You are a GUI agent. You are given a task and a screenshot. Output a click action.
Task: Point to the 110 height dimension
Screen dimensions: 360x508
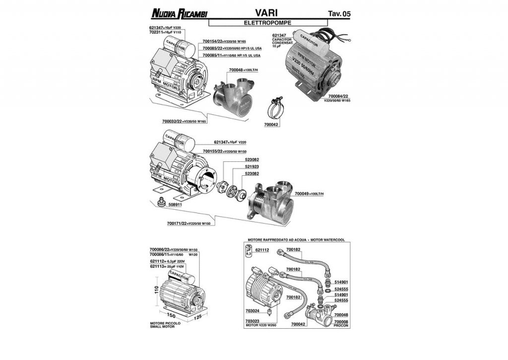155,298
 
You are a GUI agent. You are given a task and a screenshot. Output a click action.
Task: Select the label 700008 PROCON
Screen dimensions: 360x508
342,324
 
